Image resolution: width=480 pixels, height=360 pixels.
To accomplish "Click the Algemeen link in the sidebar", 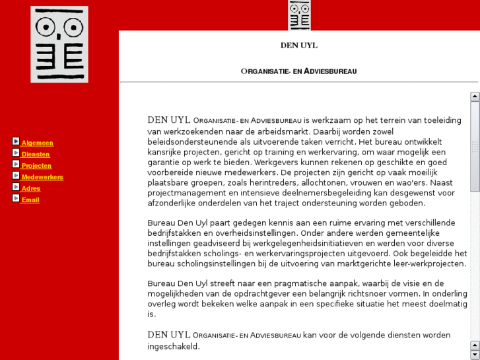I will (37, 143).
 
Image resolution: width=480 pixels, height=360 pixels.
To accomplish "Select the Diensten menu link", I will (36, 155).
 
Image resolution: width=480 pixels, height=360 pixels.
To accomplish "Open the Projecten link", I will (36, 166).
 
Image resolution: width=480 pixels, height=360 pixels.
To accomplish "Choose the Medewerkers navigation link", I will (42, 177).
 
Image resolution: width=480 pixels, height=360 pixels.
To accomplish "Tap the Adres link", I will (31, 188).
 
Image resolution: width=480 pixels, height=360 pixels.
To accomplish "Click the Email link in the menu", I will (30, 200).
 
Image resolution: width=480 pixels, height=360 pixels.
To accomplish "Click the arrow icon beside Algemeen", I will (16, 141).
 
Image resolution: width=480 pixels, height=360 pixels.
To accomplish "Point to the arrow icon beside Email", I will (16, 198).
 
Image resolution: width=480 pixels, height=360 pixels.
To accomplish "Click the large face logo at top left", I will (59, 44).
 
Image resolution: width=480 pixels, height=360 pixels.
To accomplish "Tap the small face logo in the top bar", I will (299, 15).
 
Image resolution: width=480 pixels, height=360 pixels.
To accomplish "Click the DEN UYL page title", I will (298, 46).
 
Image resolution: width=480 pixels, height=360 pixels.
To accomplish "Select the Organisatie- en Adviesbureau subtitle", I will (298, 71).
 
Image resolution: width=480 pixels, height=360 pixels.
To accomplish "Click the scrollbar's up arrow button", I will (475, 96).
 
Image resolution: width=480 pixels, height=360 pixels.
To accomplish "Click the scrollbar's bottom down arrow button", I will (475, 355).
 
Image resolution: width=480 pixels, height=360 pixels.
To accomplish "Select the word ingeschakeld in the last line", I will (173, 346).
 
